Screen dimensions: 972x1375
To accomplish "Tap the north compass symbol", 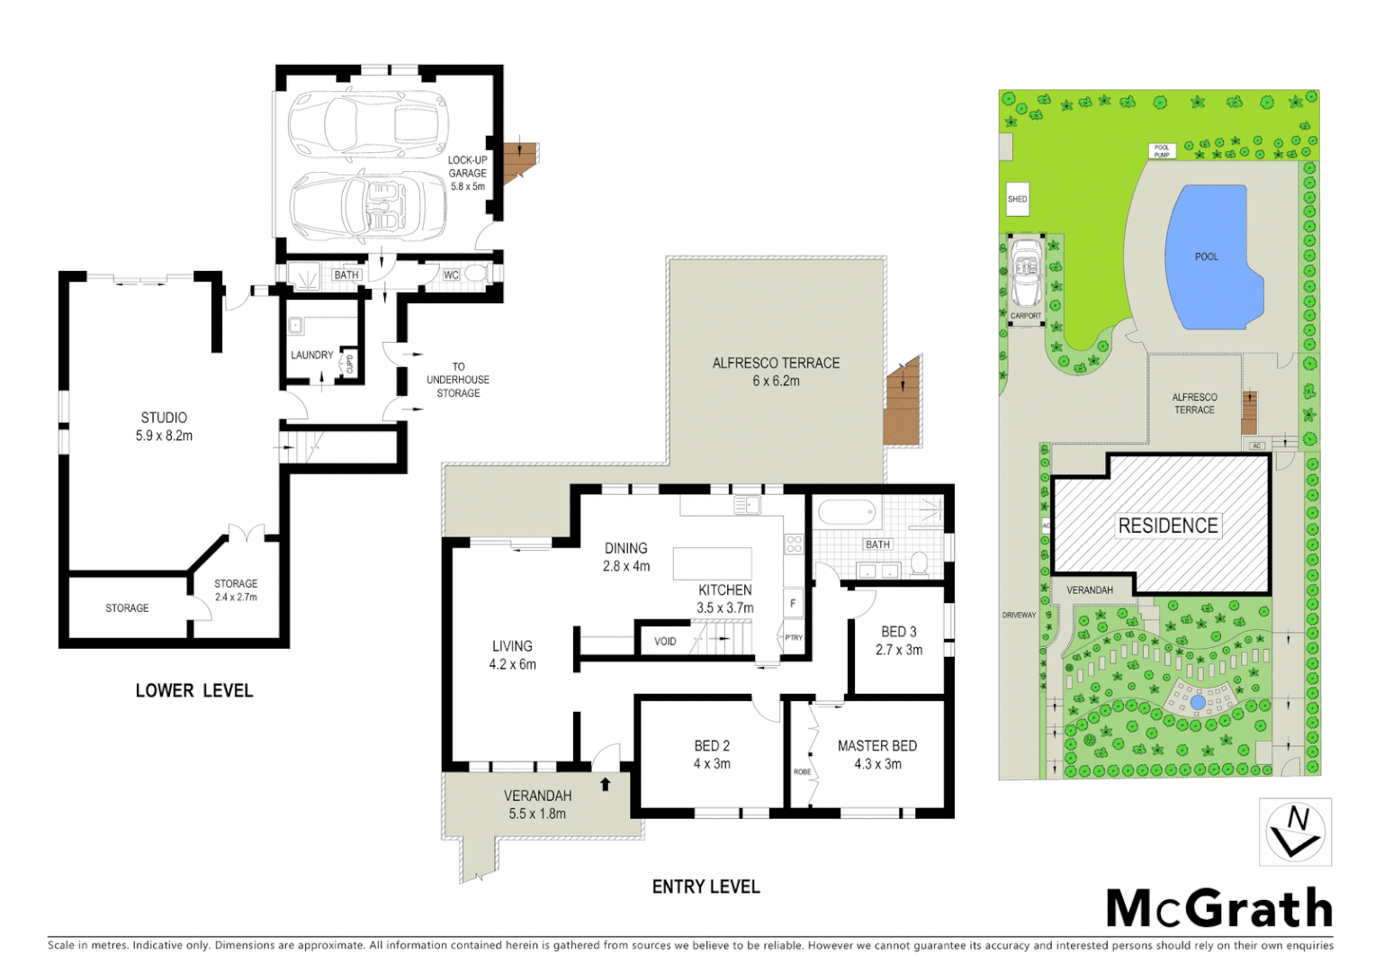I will coord(1295,832).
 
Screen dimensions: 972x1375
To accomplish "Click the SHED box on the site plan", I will coord(1017,199).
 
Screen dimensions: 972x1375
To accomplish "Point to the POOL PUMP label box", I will coord(1162,151).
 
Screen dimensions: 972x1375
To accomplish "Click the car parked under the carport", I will coord(1025,272).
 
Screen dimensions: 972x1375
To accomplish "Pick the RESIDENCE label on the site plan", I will coord(1167,526).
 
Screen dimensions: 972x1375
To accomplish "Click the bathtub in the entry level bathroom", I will coord(846,513).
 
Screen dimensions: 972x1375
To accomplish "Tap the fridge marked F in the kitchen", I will coord(793,603).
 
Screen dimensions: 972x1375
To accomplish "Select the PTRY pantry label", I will coord(793,637).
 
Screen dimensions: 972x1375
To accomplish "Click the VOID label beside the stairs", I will coord(665,641).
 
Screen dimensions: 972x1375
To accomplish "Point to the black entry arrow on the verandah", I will coord(606,784).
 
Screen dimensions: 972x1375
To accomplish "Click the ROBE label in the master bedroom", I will coord(802,771).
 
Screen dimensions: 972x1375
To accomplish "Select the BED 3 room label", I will coord(898,632).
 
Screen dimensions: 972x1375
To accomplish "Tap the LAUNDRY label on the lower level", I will coord(311,355).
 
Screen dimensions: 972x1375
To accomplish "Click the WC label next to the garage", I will coord(451,274).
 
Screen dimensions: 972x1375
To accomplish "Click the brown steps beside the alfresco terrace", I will coord(903,401).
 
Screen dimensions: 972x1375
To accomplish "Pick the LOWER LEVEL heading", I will coord(194,690).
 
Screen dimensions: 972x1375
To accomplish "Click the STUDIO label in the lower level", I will coord(164,418).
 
